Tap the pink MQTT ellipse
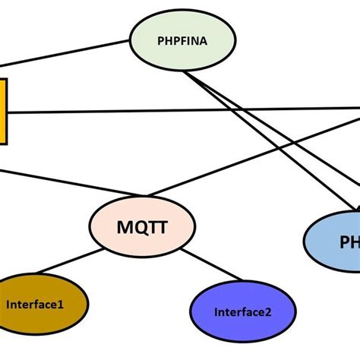click(x=142, y=226)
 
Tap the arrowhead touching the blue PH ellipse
click(x=355, y=208)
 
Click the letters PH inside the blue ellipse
click(x=349, y=242)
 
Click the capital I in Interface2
click(x=216, y=311)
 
